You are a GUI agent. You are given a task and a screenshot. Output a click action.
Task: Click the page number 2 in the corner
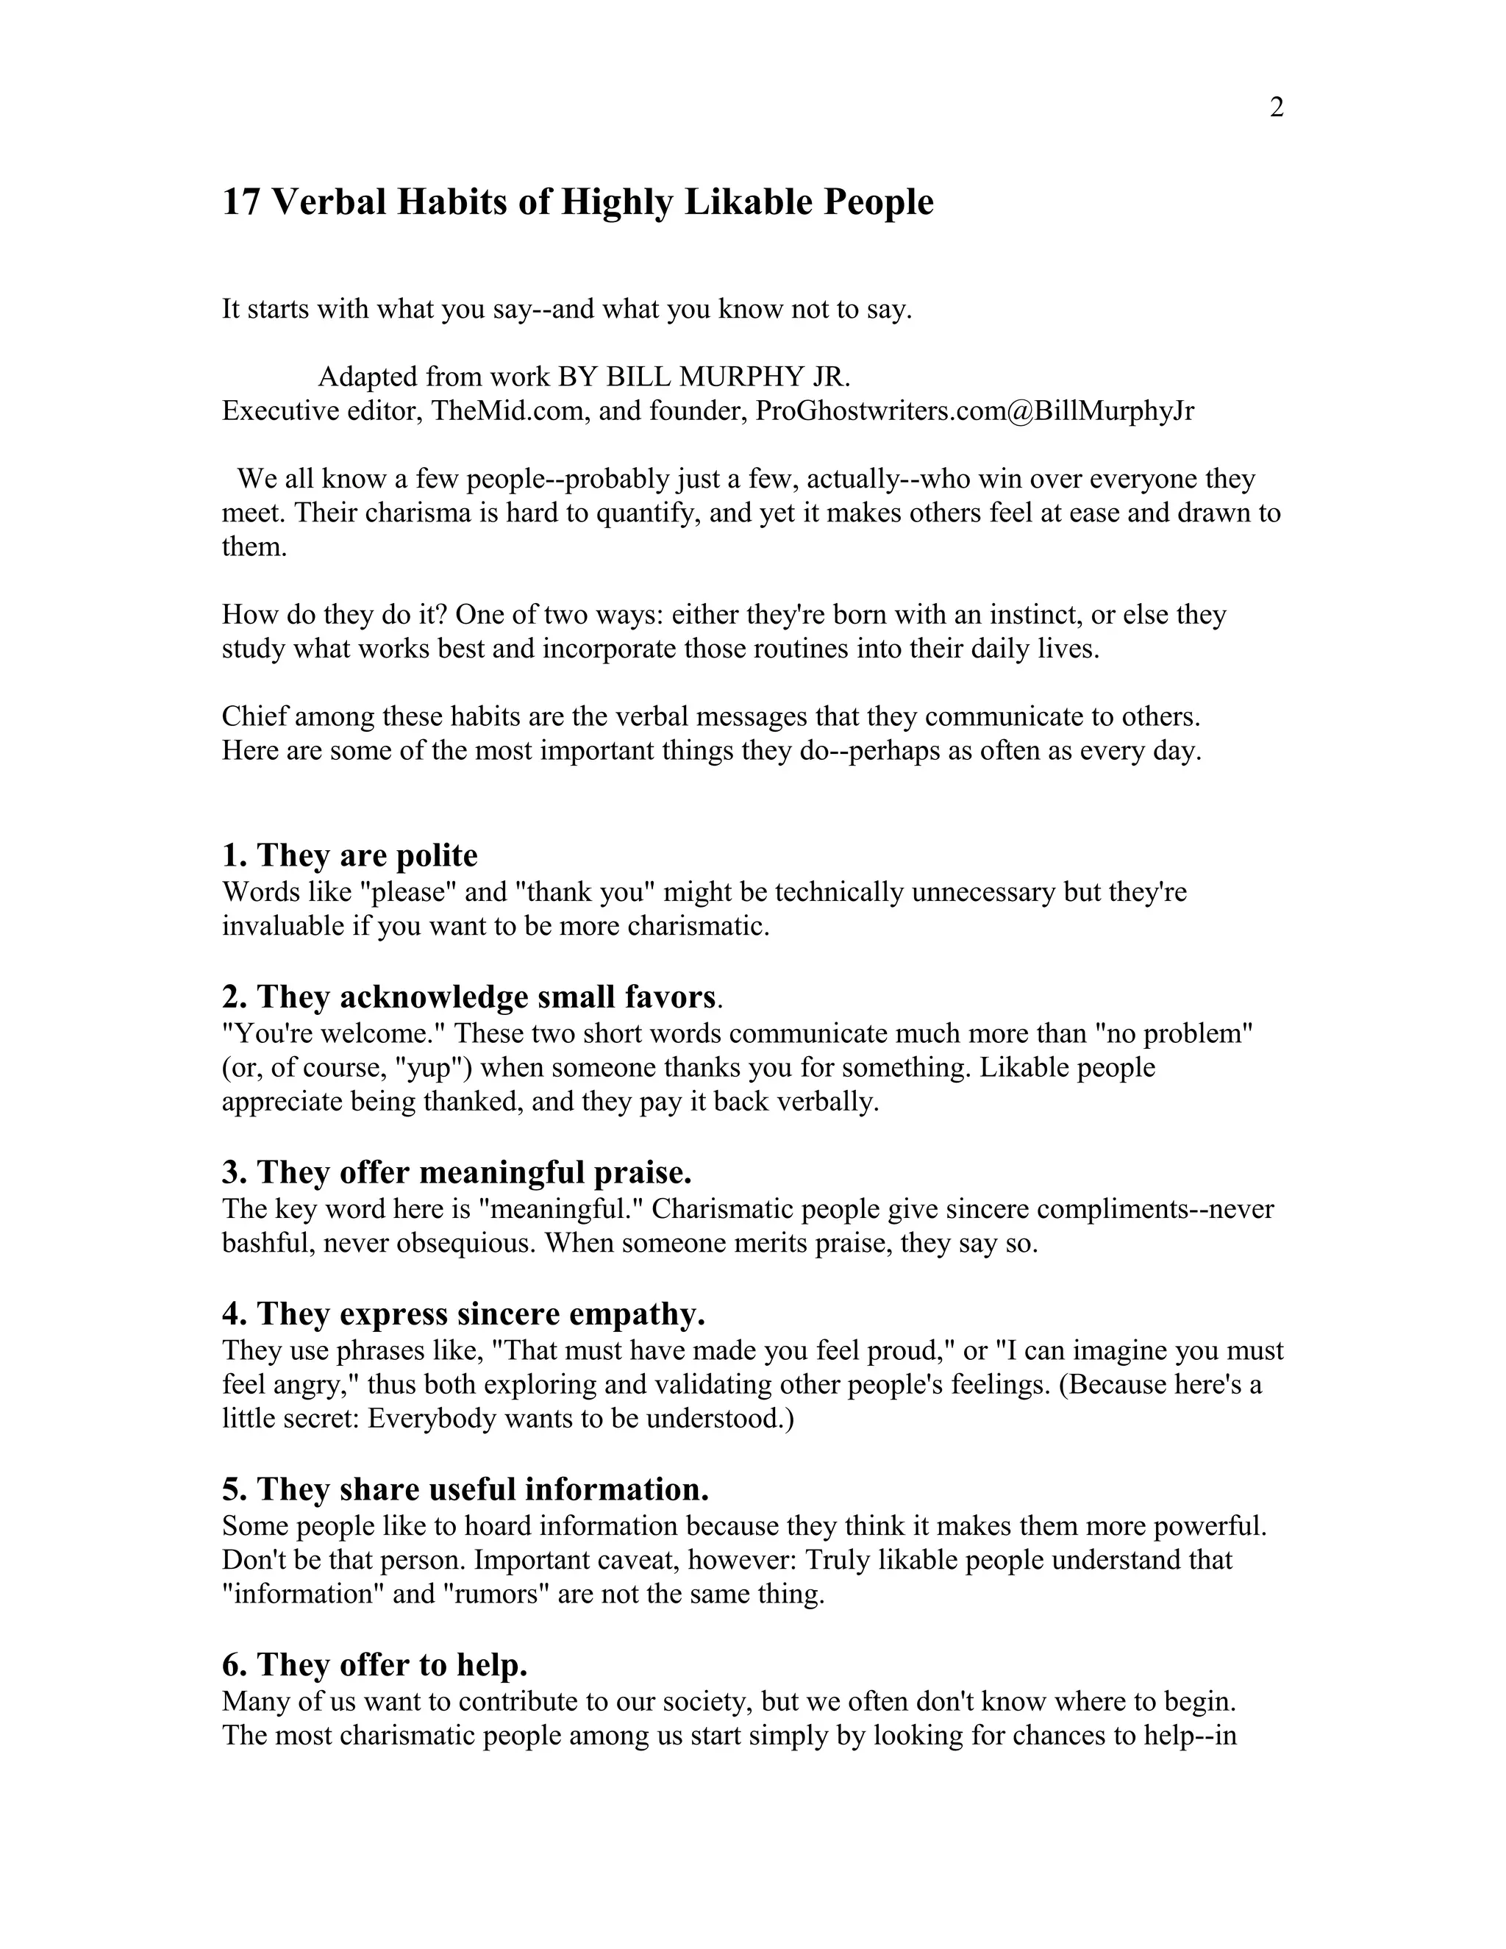(1276, 108)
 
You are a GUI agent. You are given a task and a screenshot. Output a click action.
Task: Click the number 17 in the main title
(241, 202)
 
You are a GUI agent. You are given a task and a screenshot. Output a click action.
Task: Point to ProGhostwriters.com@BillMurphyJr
(974, 410)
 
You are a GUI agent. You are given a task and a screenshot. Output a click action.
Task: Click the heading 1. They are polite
(350, 855)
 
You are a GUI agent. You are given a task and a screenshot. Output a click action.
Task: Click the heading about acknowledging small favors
(470, 996)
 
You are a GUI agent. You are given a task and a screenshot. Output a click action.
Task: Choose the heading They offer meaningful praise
(457, 1171)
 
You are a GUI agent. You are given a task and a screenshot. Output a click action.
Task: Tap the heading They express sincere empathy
(464, 1314)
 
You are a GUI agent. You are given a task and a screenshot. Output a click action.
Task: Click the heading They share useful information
(465, 1489)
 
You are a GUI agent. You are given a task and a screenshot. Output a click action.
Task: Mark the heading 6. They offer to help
(375, 1664)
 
